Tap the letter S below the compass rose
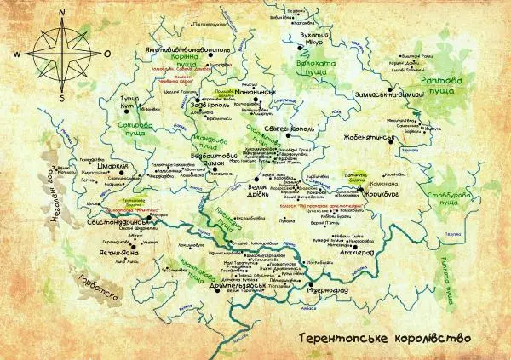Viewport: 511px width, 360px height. tap(63, 98)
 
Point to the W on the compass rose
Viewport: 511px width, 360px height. tap(17, 53)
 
